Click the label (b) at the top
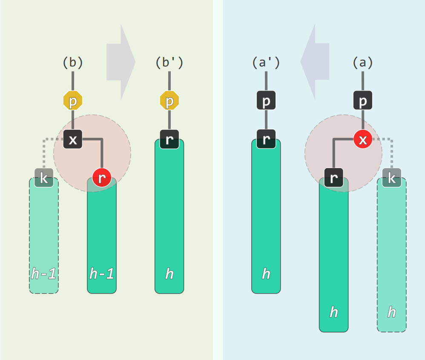tap(73, 63)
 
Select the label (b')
tap(169, 63)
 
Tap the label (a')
tap(266, 63)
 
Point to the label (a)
tap(363, 63)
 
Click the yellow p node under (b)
tap(73, 101)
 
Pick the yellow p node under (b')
tap(169, 101)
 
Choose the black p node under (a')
tap(266, 101)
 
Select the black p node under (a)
tap(363, 101)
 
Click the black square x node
tap(73, 139)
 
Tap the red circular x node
tap(363, 139)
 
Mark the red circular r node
tap(102, 177)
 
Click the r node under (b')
tap(169, 139)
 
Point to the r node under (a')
tap(266, 139)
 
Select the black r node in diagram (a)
tap(334, 177)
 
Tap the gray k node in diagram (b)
tap(44, 177)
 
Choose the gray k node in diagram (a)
tap(392, 177)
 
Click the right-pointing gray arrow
tap(121, 62)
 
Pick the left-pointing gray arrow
tap(315, 62)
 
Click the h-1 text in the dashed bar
tap(44, 274)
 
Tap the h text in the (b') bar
tap(169, 274)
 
